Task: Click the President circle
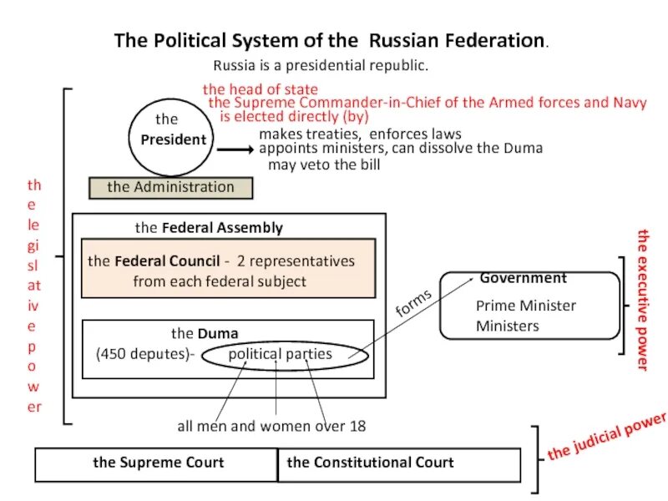(170, 139)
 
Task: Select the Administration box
(170, 187)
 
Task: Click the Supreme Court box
(157, 463)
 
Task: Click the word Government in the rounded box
(523, 278)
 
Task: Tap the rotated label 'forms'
(415, 303)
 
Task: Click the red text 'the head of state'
(260, 89)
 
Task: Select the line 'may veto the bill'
(324, 164)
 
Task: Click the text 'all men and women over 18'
(271, 426)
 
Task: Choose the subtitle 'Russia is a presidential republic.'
(321, 65)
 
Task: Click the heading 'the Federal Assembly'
(209, 227)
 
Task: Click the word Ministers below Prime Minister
(508, 326)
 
